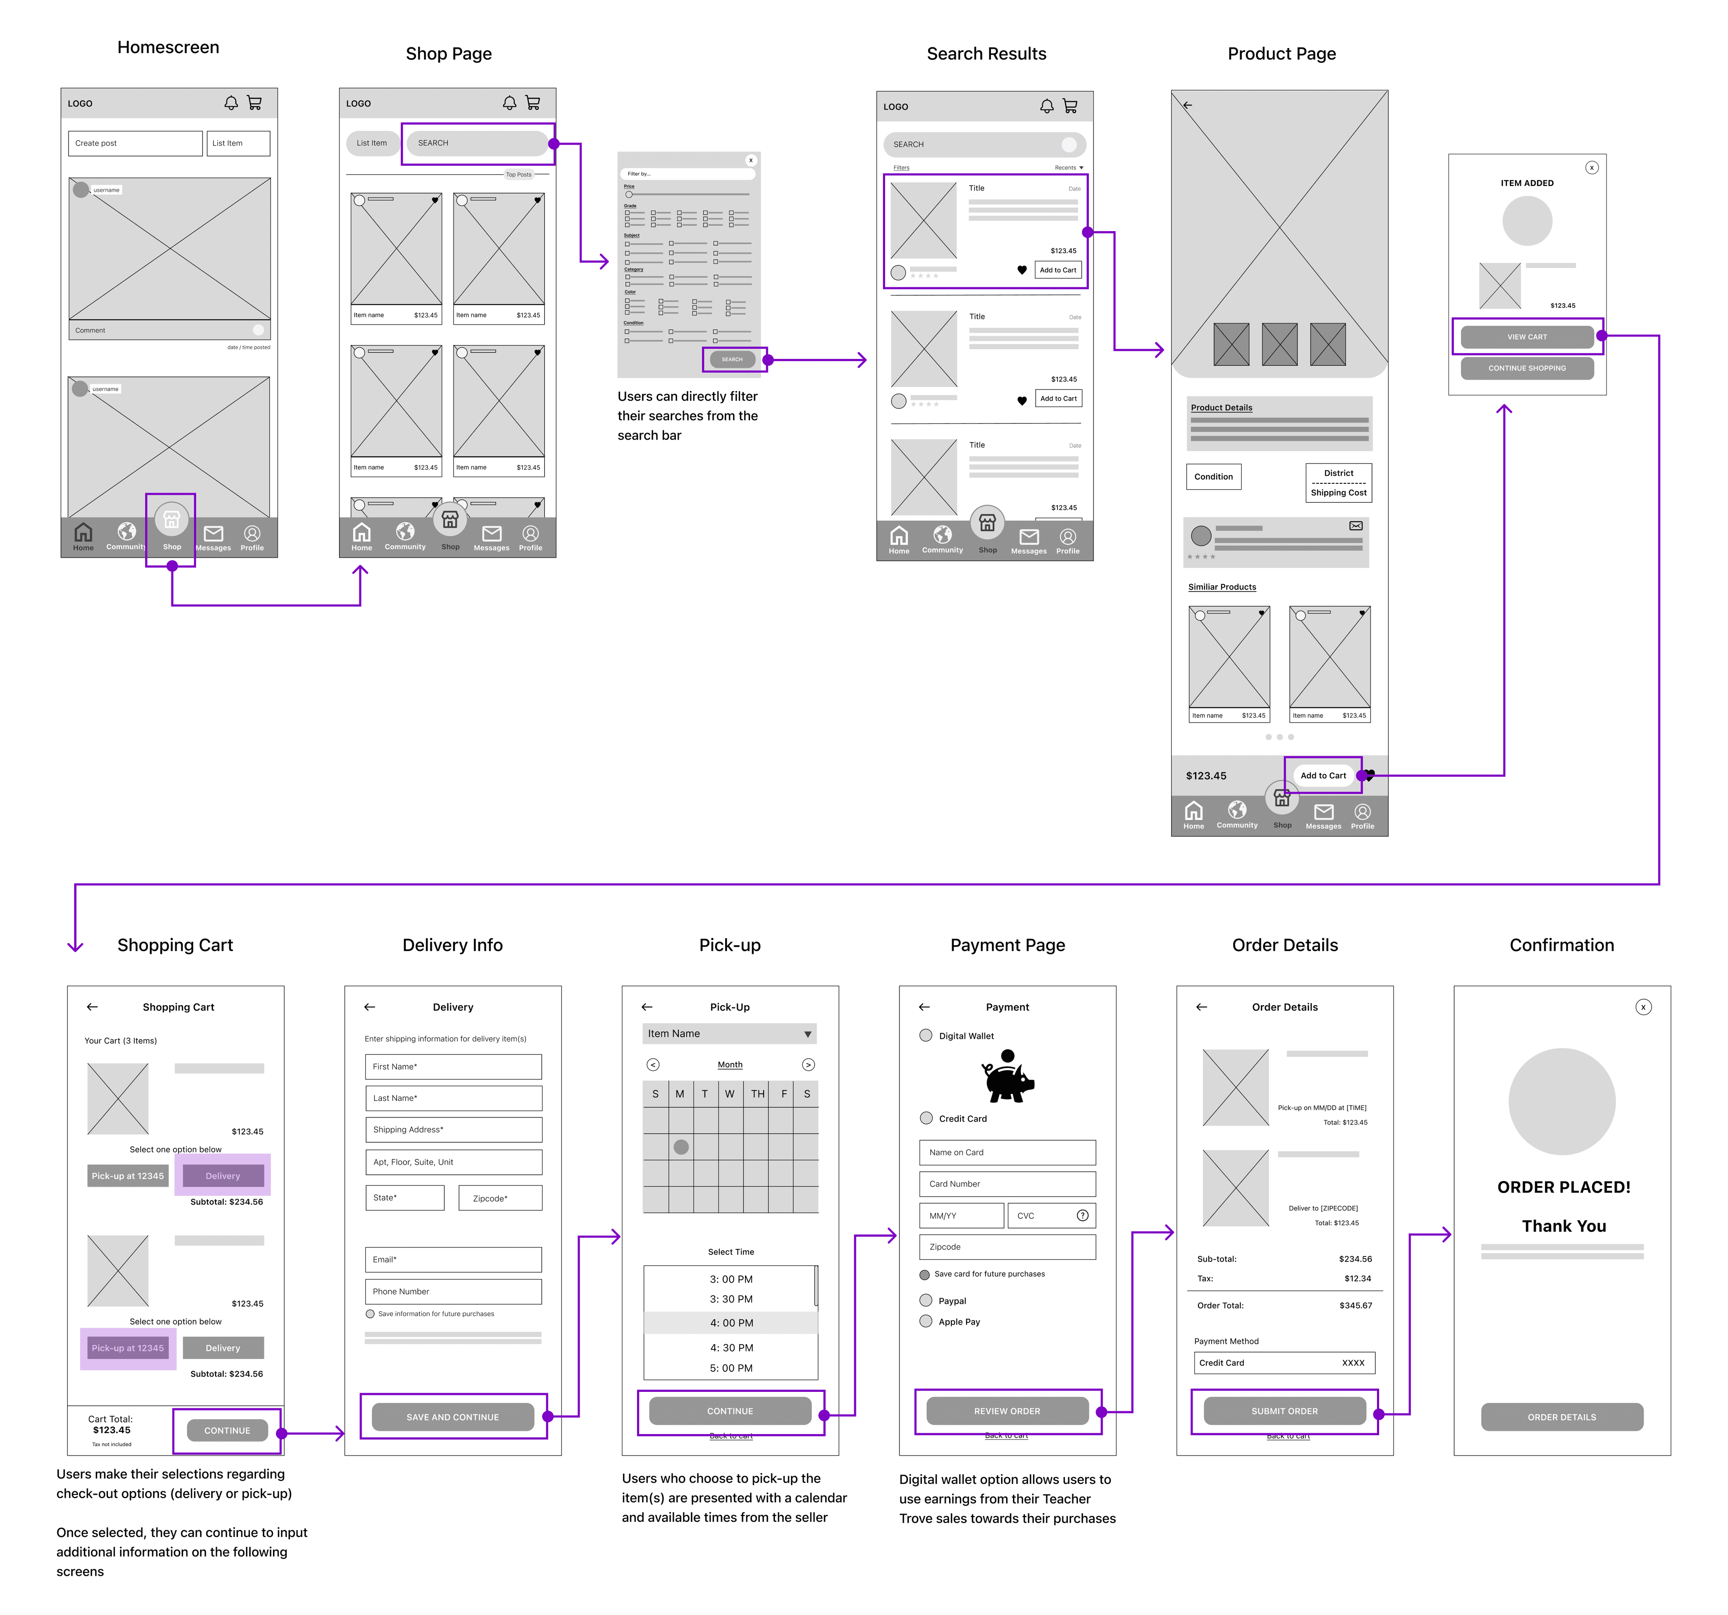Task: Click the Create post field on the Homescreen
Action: click(135, 143)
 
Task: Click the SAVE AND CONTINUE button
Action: click(453, 1417)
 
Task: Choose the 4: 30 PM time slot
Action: click(731, 1347)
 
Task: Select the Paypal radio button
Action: click(926, 1300)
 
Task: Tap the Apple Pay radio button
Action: click(926, 1321)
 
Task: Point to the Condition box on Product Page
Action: click(1213, 476)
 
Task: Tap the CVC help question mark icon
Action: click(1082, 1215)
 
